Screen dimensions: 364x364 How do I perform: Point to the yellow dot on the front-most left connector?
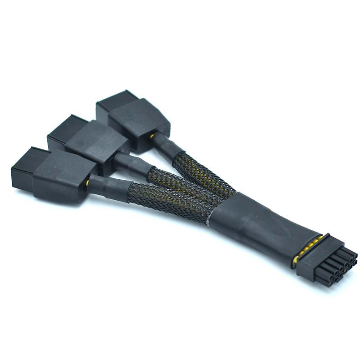click(x=87, y=182)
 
